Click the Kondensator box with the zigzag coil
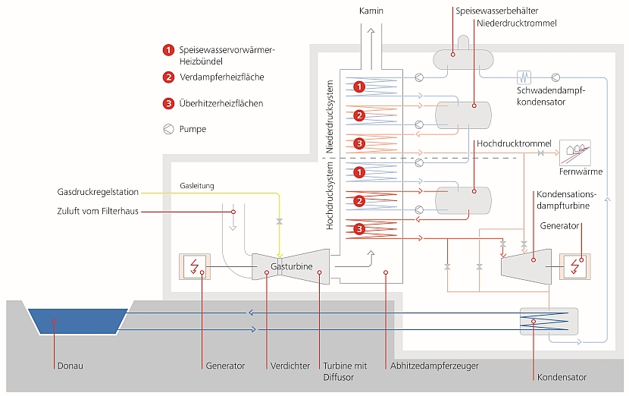pos(549,322)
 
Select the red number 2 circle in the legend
pos(168,77)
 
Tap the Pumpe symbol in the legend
pos(167,129)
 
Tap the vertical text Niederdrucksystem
pos(330,121)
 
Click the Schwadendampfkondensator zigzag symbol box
pos(523,77)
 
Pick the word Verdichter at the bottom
pos(290,366)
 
